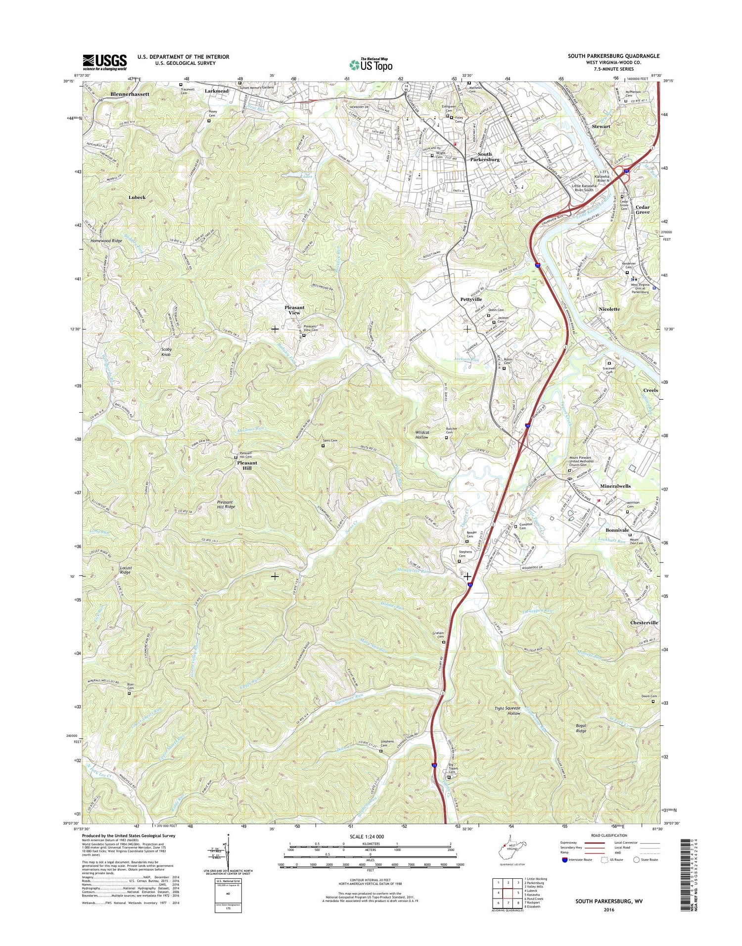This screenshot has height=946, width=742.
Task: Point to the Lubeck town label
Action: click(x=137, y=197)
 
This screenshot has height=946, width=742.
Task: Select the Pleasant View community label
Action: click(x=294, y=310)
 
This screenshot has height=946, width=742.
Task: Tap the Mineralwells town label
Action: click(x=615, y=486)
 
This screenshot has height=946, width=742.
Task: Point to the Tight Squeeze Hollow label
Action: click(x=508, y=711)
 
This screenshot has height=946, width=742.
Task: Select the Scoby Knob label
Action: click(x=166, y=352)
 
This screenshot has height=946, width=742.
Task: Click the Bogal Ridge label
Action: click(x=581, y=728)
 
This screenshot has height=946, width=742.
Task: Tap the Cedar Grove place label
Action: click(x=643, y=209)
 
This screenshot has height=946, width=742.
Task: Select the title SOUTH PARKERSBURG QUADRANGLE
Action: click(x=613, y=56)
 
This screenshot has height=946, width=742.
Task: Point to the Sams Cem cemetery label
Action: click(x=330, y=440)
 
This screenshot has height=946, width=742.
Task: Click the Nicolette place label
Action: click(x=609, y=309)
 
